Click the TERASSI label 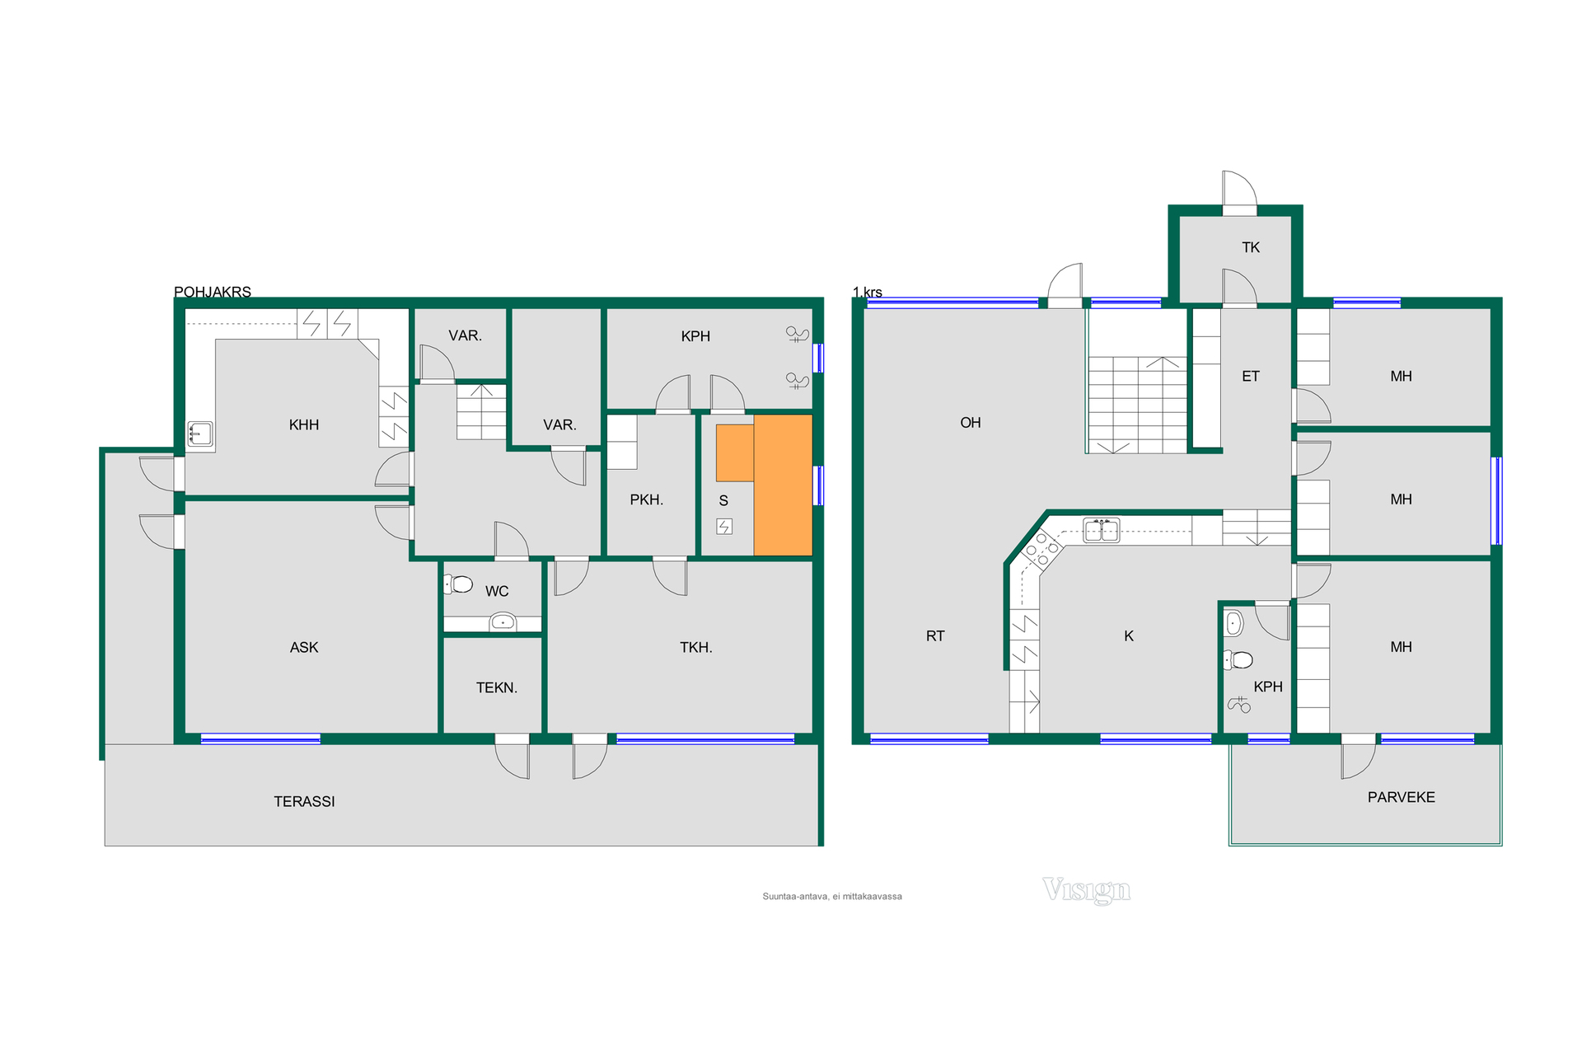tap(304, 801)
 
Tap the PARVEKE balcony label tap(1401, 797)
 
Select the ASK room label tap(304, 647)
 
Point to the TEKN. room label tap(497, 687)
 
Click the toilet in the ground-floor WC tap(458, 584)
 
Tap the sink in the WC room tap(503, 621)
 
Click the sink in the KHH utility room tap(200, 434)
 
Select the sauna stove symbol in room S tap(724, 527)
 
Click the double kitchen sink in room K tap(1102, 530)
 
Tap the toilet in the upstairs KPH tap(1238, 659)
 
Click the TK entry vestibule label tap(1251, 247)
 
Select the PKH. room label tap(647, 499)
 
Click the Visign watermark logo tap(1087, 890)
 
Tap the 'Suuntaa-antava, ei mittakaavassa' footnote tap(832, 897)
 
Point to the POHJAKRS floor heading tap(213, 292)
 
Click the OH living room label tap(971, 423)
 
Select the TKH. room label tap(696, 648)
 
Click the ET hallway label tap(1251, 377)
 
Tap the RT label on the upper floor tap(935, 636)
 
